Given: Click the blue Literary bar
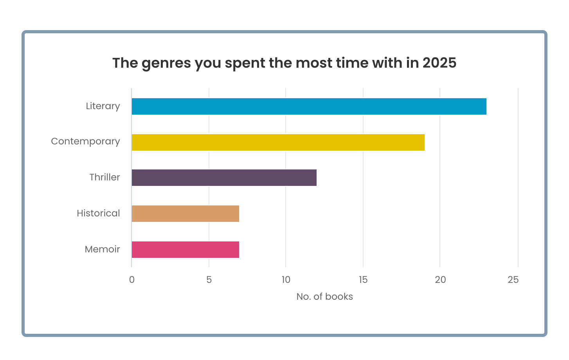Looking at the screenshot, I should click(x=309, y=106).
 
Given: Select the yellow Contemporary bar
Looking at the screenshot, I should click(x=278, y=142).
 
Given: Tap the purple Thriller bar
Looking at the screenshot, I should click(x=224, y=178).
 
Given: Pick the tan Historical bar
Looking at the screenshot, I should click(x=185, y=214).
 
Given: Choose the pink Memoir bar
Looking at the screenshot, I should click(x=185, y=250).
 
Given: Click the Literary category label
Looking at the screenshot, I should click(x=103, y=106).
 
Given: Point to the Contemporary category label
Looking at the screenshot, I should click(x=85, y=142).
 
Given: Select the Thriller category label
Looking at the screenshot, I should click(x=104, y=177).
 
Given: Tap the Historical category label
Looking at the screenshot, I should click(x=98, y=213).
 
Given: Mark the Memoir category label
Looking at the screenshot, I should click(x=102, y=249).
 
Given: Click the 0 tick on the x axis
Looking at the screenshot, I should click(x=132, y=280).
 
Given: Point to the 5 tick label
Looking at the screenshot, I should click(x=209, y=280).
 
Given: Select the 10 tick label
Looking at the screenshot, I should click(x=286, y=280).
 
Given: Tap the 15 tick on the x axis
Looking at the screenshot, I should click(x=363, y=280).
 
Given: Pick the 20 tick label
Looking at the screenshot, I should click(x=440, y=280).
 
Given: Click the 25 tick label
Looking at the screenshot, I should click(x=513, y=280).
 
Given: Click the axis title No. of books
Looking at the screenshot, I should click(x=324, y=297).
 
